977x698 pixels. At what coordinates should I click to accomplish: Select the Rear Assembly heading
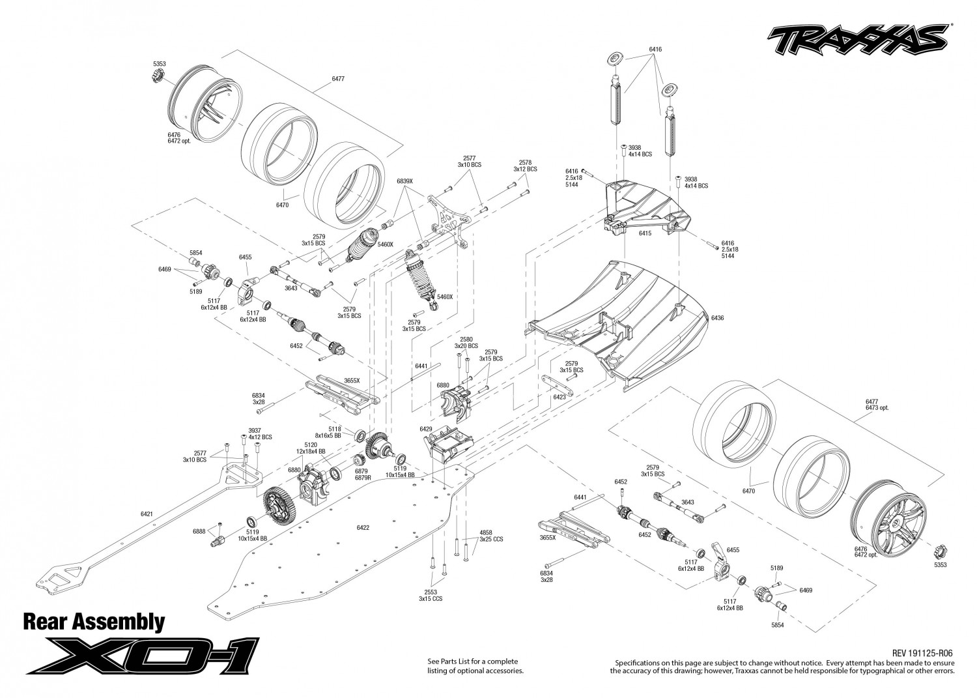pos(94,622)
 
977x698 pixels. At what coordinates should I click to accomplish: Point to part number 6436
pos(717,318)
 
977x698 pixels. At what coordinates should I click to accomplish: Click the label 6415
pos(645,233)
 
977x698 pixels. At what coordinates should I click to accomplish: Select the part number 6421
pos(147,514)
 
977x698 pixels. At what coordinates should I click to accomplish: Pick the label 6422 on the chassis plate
pos(362,527)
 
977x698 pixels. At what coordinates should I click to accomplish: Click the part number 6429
pos(425,429)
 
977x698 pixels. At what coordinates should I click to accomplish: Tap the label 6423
pos(559,398)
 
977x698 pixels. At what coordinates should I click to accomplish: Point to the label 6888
pos(199,531)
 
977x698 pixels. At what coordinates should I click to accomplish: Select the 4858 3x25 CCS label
pos(491,536)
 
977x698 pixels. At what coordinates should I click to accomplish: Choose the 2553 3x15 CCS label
pos(431,596)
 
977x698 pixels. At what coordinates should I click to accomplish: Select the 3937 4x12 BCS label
pos(260,433)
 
